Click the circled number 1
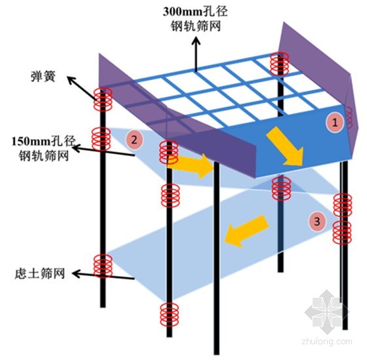pyautogui.click(x=335, y=123)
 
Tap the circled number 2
pyautogui.click(x=134, y=140)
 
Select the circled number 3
pyautogui.click(x=317, y=222)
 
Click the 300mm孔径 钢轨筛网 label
pyautogui.click(x=195, y=19)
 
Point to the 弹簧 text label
pyautogui.click(x=43, y=76)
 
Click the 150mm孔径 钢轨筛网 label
pyautogui.click(x=44, y=148)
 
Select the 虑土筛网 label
pyautogui.click(x=40, y=273)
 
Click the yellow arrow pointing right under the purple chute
pyautogui.click(x=191, y=166)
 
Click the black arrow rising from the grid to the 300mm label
pyautogui.click(x=196, y=54)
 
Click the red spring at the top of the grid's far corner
pyautogui.click(x=279, y=64)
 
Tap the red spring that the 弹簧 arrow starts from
pyautogui.click(x=103, y=99)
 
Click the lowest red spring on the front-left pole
pyautogui.click(x=169, y=315)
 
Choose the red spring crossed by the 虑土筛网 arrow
pyautogui.click(x=103, y=266)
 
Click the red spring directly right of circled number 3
pyautogui.click(x=342, y=232)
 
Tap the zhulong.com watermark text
pyautogui.click(x=327, y=342)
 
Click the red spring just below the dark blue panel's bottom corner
pyautogui.click(x=282, y=188)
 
